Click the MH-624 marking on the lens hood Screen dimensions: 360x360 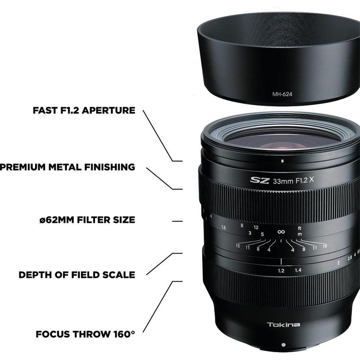(282, 94)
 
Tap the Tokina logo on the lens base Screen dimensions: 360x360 (284, 324)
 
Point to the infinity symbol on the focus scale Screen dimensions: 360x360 (281, 232)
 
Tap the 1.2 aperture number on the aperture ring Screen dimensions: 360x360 (281, 270)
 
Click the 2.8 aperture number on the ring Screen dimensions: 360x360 (349, 257)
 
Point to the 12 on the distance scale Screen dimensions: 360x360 (256, 227)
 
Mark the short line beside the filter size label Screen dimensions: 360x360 (177, 221)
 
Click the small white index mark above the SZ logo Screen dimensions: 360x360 (282, 161)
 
